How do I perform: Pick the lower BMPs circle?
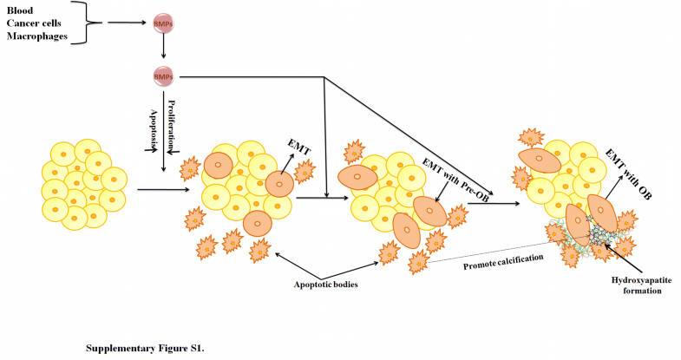click(162, 77)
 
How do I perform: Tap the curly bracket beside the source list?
click(101, 22)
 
